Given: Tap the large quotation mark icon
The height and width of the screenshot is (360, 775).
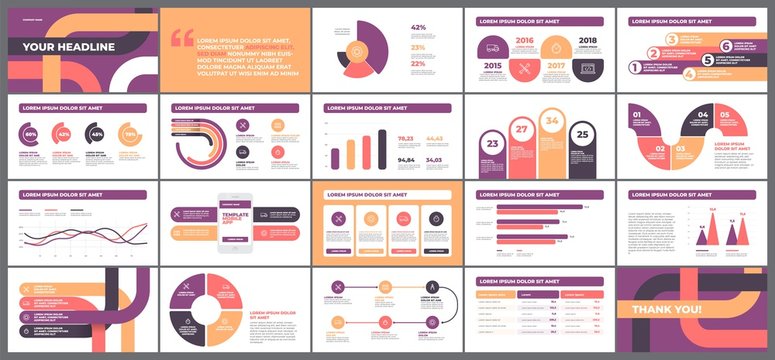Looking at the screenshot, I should pos(182,38).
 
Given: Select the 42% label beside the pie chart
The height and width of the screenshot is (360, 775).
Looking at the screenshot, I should pos(417,28).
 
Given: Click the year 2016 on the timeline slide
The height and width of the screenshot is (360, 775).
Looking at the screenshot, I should pos(524,42).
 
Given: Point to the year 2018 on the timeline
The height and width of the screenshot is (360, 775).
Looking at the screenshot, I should pos(586,42).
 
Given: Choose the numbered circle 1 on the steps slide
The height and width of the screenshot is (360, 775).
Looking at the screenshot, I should pos(634,67).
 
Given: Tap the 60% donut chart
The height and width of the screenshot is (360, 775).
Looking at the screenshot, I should pos(31,134).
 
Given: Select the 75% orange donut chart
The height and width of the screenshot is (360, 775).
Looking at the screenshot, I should pos(129,134).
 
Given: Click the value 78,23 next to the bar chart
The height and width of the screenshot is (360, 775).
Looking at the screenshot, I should pos(406,139).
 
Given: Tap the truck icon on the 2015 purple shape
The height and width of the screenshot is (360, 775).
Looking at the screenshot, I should pos(492,46).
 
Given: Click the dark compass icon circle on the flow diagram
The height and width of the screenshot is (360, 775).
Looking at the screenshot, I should pos(429,286).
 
